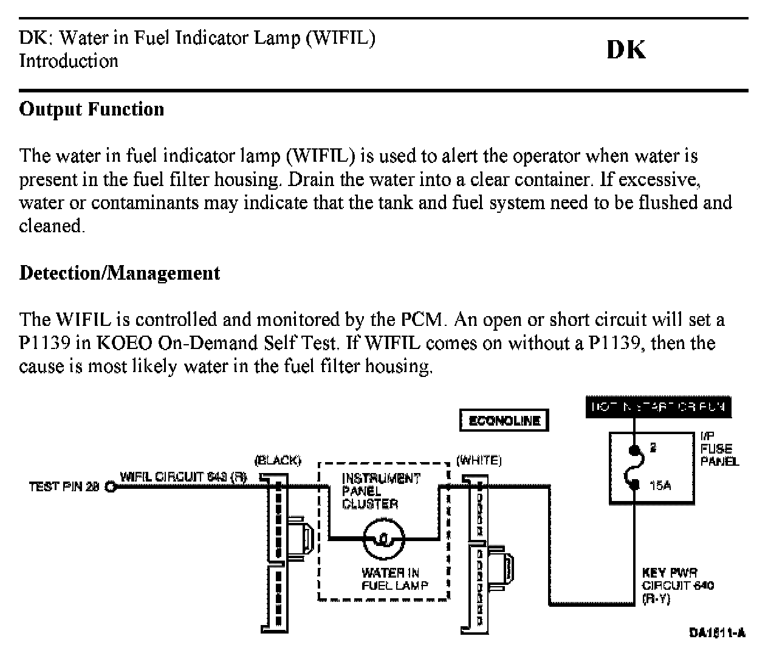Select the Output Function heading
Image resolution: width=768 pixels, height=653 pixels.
(x=92, y=109)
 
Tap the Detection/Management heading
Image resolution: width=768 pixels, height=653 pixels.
(x=120, y=273)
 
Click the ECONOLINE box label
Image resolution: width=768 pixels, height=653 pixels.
(x=504, y=421)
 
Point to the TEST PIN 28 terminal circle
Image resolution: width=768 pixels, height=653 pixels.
(x=110, y=486)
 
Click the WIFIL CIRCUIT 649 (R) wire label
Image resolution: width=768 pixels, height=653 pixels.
(x=183, y=477)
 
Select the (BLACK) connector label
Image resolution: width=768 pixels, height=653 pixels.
(x=278, y=460)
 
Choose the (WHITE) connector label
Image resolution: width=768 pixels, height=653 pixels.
(x=479, y=460)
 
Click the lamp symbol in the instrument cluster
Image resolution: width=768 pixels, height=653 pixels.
(x=383, y=539)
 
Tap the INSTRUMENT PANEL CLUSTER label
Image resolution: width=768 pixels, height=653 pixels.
(x=380, y=491)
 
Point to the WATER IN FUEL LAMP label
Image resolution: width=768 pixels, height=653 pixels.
(x=390, y=579)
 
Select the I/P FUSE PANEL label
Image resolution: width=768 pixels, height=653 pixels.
(x=719, y=449)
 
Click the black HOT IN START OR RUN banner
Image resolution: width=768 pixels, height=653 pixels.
(x=658, y=407)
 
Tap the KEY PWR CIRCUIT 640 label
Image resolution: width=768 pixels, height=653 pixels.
(x=677, y=586)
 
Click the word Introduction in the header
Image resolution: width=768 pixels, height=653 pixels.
(x=69, y=61)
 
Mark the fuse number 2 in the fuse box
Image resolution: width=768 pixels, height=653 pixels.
(x=653, y=449)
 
